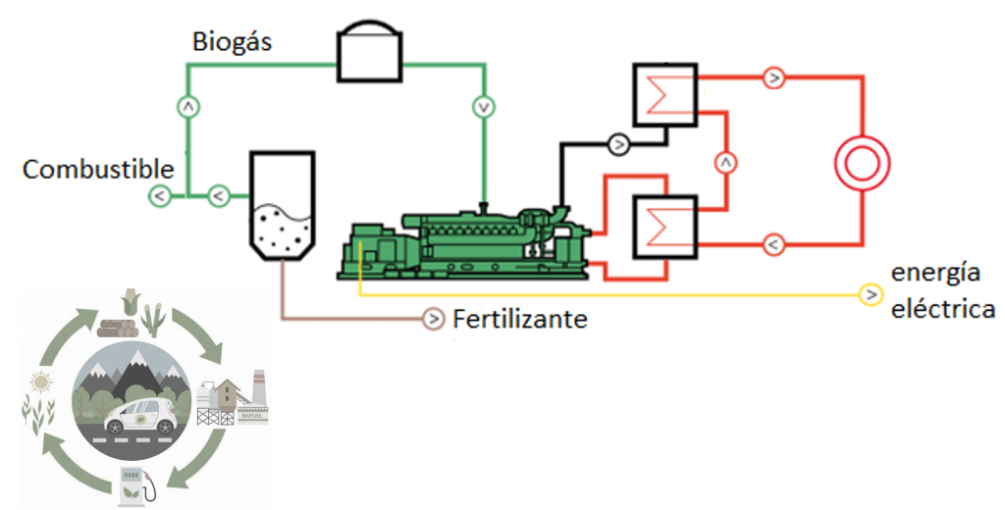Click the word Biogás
coord(232,42)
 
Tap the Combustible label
coord(97,169)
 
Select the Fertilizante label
coord(520,319)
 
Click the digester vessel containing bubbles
coord(282,205)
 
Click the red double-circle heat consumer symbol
coord(861,163)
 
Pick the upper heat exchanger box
coord(664,95)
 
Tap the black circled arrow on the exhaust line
coord(618,144)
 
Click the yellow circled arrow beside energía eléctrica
coord(870,294)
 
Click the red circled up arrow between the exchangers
coord(725,161)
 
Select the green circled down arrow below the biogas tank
coord(484,105)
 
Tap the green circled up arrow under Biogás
coord(187,105)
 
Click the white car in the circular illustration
coord(141,416)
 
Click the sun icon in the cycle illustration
coord(40,382)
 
